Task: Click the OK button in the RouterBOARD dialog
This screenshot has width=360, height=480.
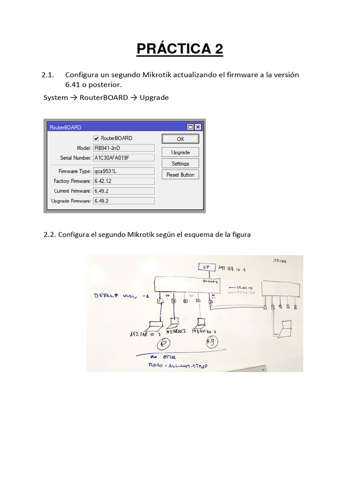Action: (x=180, y=139)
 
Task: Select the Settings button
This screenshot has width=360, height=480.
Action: (x=180, y=164)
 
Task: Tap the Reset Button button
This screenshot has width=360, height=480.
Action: (x=180, y=175)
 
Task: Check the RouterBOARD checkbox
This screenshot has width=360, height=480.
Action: (x=96, y=138)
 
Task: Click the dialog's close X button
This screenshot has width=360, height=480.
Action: (x=198, y=127)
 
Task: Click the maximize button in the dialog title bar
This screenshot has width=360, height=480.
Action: (x=190, y=127)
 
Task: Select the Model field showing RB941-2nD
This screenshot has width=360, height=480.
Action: (x=124, y=148)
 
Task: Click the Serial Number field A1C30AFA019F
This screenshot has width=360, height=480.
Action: (x=124, y=158)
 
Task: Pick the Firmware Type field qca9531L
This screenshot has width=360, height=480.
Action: (x=124, y=172)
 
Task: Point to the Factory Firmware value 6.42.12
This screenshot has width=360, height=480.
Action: (x=124, y=181)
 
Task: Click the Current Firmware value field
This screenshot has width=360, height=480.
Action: (x=124, y=191)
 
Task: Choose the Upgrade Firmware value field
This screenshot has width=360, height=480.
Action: (x=124, y=201)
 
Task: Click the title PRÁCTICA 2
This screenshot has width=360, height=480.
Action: (x=180, y=49)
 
